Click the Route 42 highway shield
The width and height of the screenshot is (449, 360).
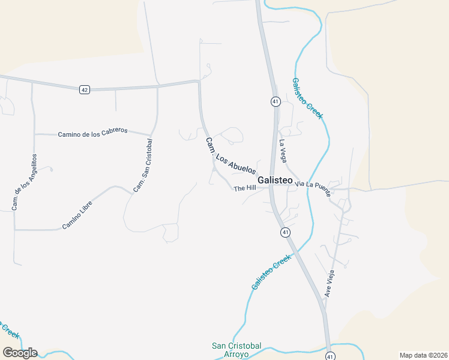click(84, 89)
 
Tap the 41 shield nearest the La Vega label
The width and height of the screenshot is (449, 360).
click(275, 101)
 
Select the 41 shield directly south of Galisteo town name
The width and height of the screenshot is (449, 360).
click(285, 232)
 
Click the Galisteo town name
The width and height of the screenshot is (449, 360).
click(275, 180)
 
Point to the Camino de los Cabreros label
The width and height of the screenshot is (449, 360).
click(93, 133)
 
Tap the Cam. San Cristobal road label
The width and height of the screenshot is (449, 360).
click(143, 166)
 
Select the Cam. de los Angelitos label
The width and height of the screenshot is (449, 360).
click(25, 182)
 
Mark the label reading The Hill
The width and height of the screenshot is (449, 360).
click(245, 188)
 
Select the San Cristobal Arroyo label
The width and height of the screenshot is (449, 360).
click(237, 349)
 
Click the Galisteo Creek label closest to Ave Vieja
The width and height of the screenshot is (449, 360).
click(271, 272)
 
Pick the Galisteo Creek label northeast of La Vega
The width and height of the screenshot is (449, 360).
click(307, 98)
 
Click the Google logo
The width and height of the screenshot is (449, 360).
click(19, 352)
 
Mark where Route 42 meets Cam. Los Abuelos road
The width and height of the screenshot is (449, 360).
click(199, 82)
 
